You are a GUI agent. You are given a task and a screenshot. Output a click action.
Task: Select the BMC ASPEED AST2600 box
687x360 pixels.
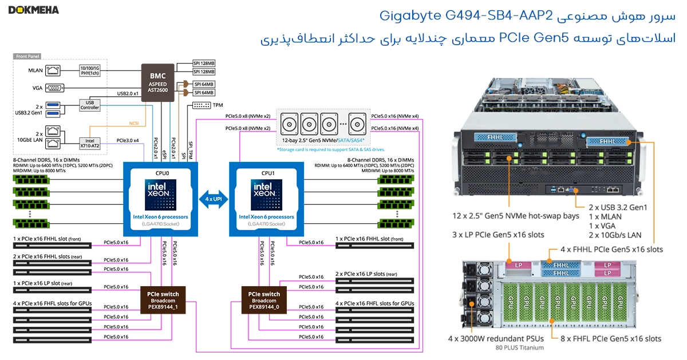pyautogui.click(x=158, y=82)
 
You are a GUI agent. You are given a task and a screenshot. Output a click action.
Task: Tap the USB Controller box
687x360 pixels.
pyautogui.click(x=89, y=104)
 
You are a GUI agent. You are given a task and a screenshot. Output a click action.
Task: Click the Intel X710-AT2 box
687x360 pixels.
pyautogui.click(x=89, y=143)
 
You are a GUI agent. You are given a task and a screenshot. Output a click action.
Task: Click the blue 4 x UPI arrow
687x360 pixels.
pyautogui.click(x=214, y=199)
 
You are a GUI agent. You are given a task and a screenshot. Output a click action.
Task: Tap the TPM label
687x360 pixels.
pyautogui.click(x=218, y=105)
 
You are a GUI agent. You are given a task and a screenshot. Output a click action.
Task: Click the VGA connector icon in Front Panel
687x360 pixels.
pyautogui.click(x=54, y=88)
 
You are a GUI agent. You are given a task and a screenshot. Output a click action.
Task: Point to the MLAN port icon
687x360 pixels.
pyautogui.click(x=54, y=70)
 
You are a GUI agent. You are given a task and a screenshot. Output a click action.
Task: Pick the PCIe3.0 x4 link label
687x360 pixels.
pyautogui.click(x=127, y=140)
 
